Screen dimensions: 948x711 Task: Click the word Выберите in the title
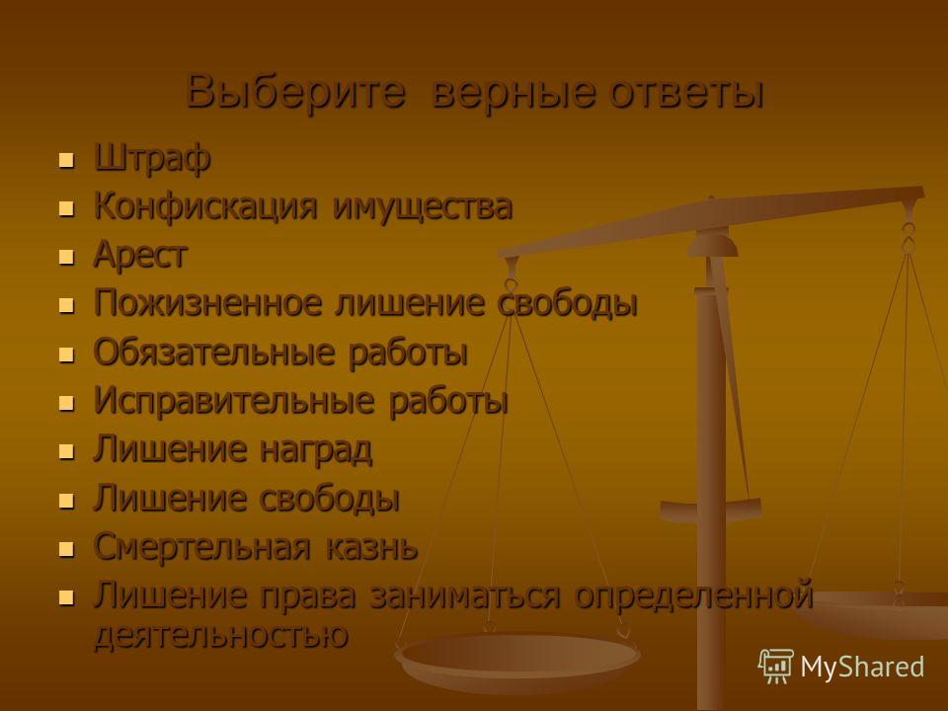(x=295, y=92)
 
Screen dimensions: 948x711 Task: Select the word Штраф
(x=152, y=159)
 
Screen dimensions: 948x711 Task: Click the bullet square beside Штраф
(x=66, y=161)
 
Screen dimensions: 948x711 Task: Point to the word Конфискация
(x=205, y=206)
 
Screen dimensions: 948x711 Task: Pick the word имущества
(x=423, y=207)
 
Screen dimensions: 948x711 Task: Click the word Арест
(x=140, y=255)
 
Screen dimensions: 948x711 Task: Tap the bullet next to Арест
(x=66, y=258)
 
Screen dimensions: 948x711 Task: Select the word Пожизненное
(x=208, y=302)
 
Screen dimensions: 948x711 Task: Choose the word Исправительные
(x=234, y=400)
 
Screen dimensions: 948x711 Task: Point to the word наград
(x=316, y=450)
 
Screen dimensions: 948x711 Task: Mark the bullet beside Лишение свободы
(x=66, y=501)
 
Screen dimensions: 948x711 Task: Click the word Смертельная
(x=201, y=546)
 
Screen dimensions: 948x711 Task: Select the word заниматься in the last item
(x=464, y=594)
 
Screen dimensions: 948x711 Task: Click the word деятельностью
(x=221, y=635)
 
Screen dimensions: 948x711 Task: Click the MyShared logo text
(x=862, y=667)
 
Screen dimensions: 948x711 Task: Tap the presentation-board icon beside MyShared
(x=776, y=667)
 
